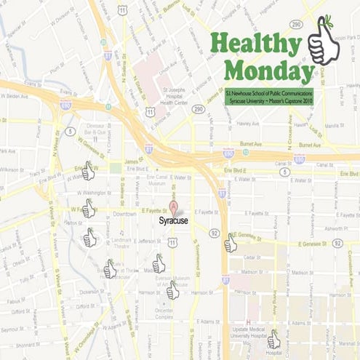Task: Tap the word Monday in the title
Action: point(268,71)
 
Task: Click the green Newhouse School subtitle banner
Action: point(268,97)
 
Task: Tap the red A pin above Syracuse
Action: point(173,207)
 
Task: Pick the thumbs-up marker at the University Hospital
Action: point(273,340)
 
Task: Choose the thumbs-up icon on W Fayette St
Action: point(88,209)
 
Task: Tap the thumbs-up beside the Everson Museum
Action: point(172,290)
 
